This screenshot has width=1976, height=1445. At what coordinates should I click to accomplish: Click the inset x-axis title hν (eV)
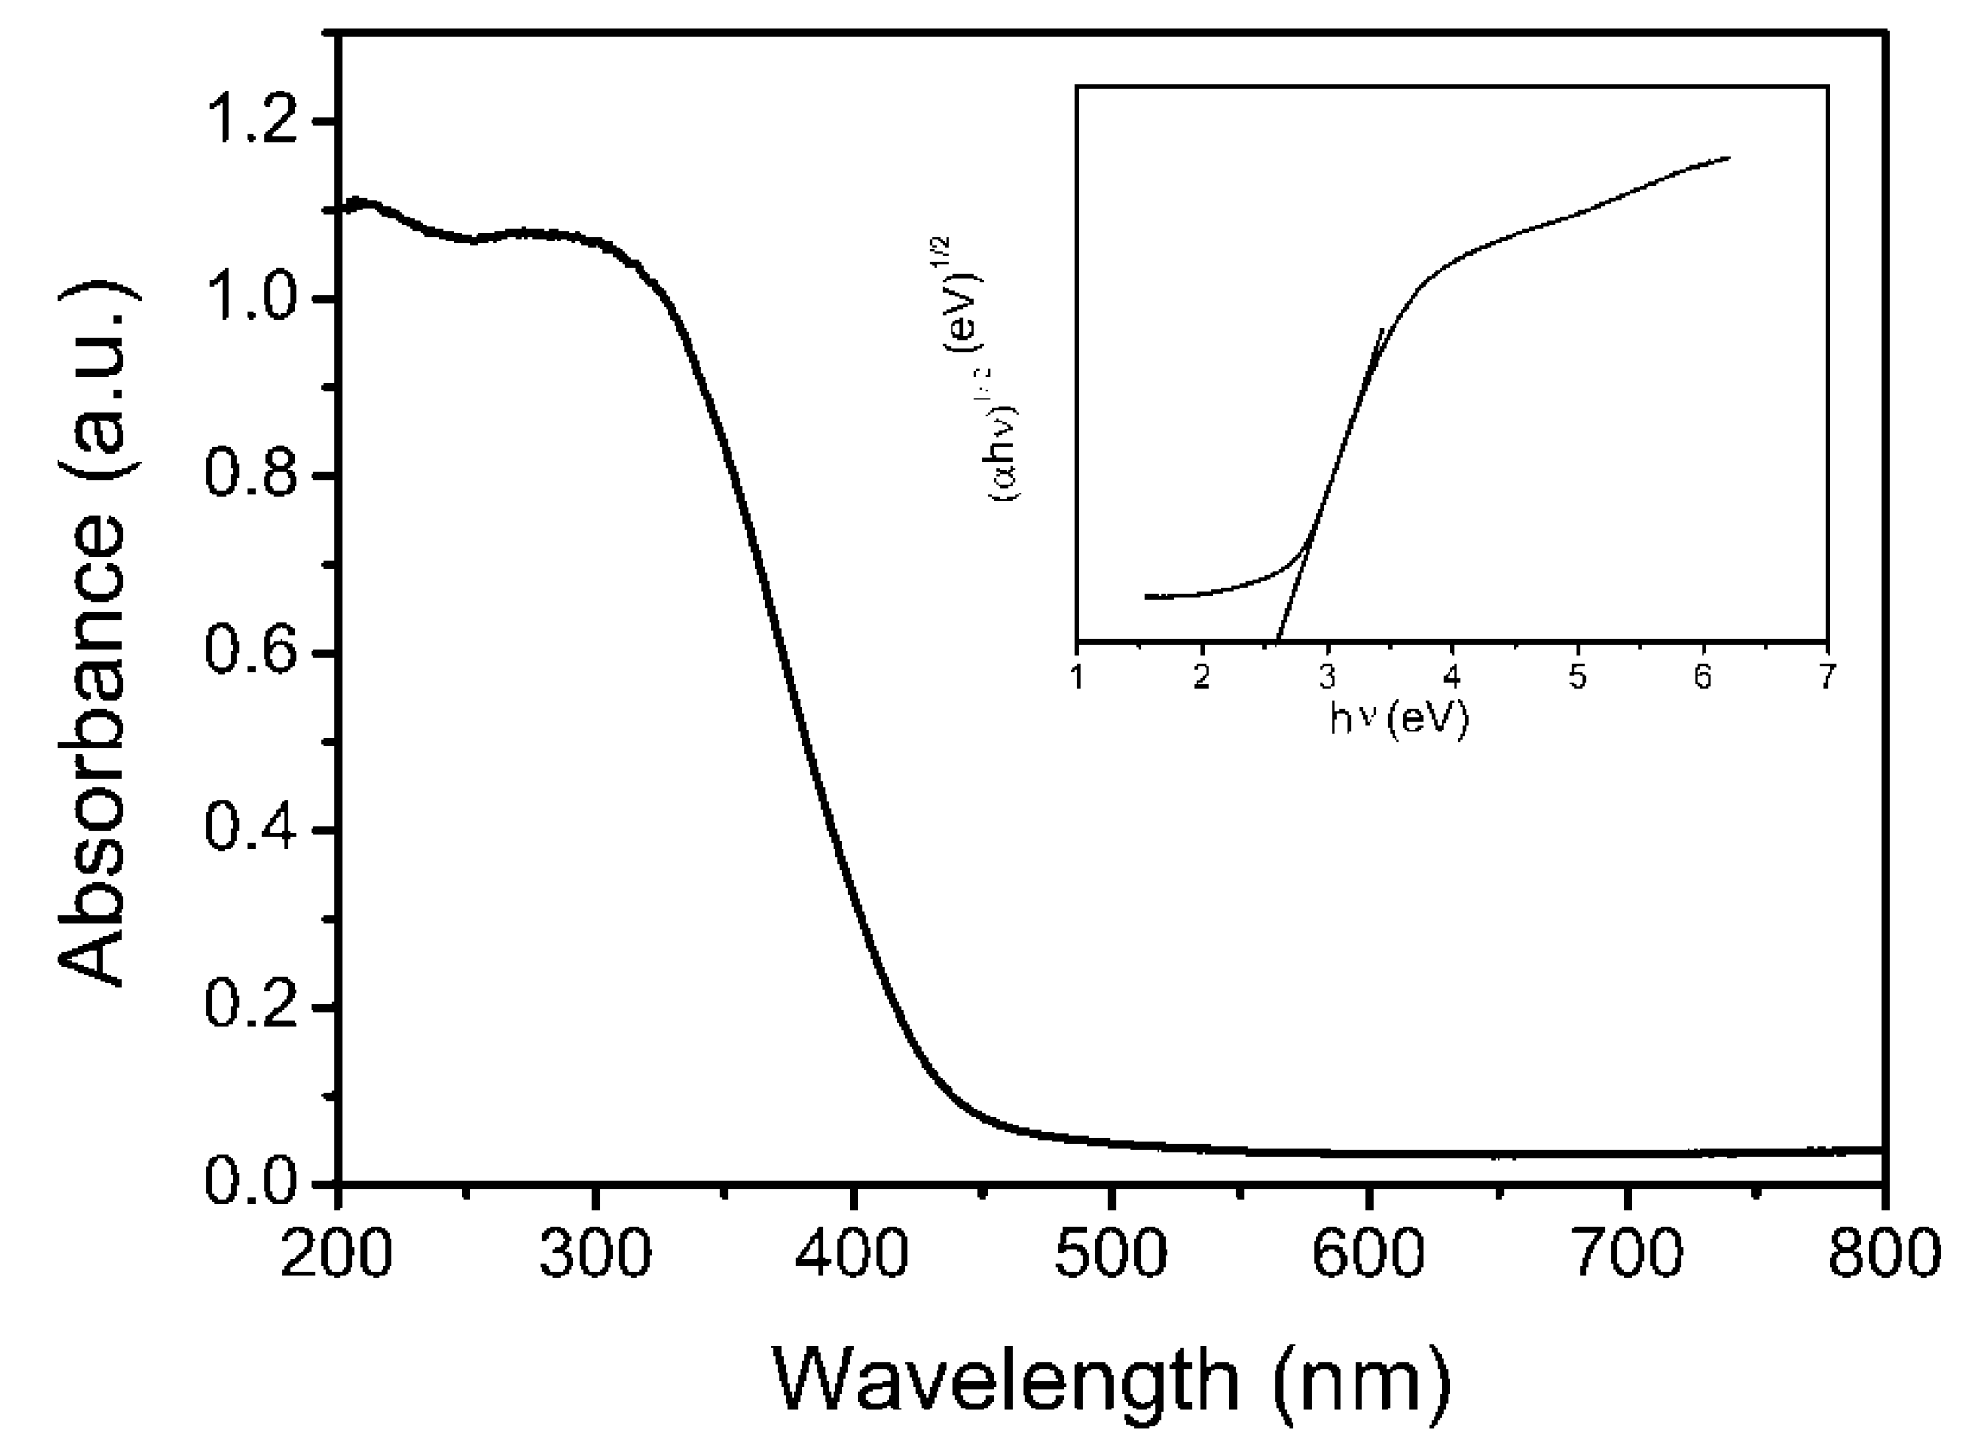(x=1399, y=720)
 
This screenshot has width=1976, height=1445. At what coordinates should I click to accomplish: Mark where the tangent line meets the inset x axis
(x=1276, y=640)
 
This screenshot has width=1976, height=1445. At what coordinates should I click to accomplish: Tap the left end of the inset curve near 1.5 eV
(x=1147, y=596)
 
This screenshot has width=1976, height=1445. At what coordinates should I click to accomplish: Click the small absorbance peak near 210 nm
(x=364, y=203)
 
